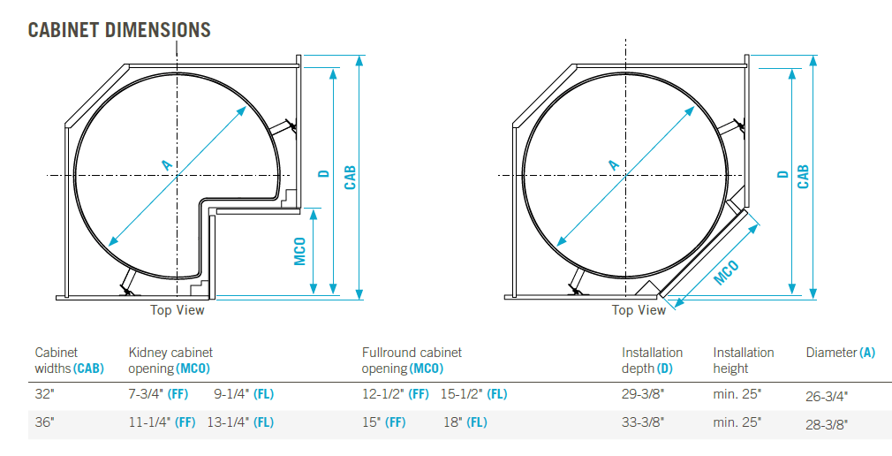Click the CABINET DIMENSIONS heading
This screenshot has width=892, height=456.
[119, 30]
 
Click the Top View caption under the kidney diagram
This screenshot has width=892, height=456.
[177, 310]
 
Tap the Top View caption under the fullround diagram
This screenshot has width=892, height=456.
[639, 310]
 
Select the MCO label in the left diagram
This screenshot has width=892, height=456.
[300, 250]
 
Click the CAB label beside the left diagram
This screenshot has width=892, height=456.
[350, 177]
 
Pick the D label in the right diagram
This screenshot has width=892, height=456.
[782, 174]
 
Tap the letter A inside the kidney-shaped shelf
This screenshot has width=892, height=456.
[165, 164]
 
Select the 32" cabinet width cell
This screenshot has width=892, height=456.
[44, 394]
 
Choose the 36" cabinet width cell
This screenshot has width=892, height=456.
[44, 422]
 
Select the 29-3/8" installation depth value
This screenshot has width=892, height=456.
[643, 394]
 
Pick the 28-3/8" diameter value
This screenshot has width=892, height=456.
[827, 424]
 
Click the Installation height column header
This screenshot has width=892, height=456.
[744, 361]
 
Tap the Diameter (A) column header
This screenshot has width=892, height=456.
[840, 353]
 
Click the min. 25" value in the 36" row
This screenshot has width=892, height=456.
[737, 422]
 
